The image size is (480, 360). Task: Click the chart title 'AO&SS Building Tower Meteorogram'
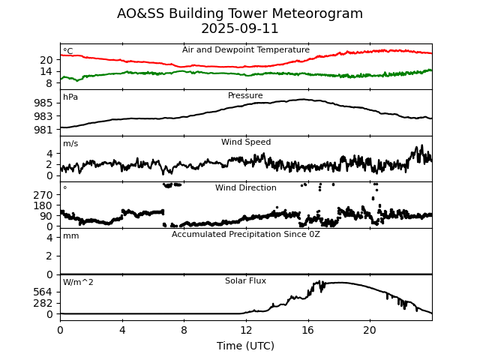240,13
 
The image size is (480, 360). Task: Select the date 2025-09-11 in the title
240,28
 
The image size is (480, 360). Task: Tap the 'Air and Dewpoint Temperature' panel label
246,49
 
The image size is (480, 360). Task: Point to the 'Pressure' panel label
246,95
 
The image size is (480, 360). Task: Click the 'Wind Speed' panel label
246,142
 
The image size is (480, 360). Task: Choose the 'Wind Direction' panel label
246,187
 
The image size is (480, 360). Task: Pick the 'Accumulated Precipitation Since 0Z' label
246,234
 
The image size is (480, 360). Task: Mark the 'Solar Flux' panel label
246,280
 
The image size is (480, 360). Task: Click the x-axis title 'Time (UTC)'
246,346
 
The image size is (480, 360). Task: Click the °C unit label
68,51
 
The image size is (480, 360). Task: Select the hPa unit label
70,97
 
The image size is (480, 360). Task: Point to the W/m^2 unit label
78,282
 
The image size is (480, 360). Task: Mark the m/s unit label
70,143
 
